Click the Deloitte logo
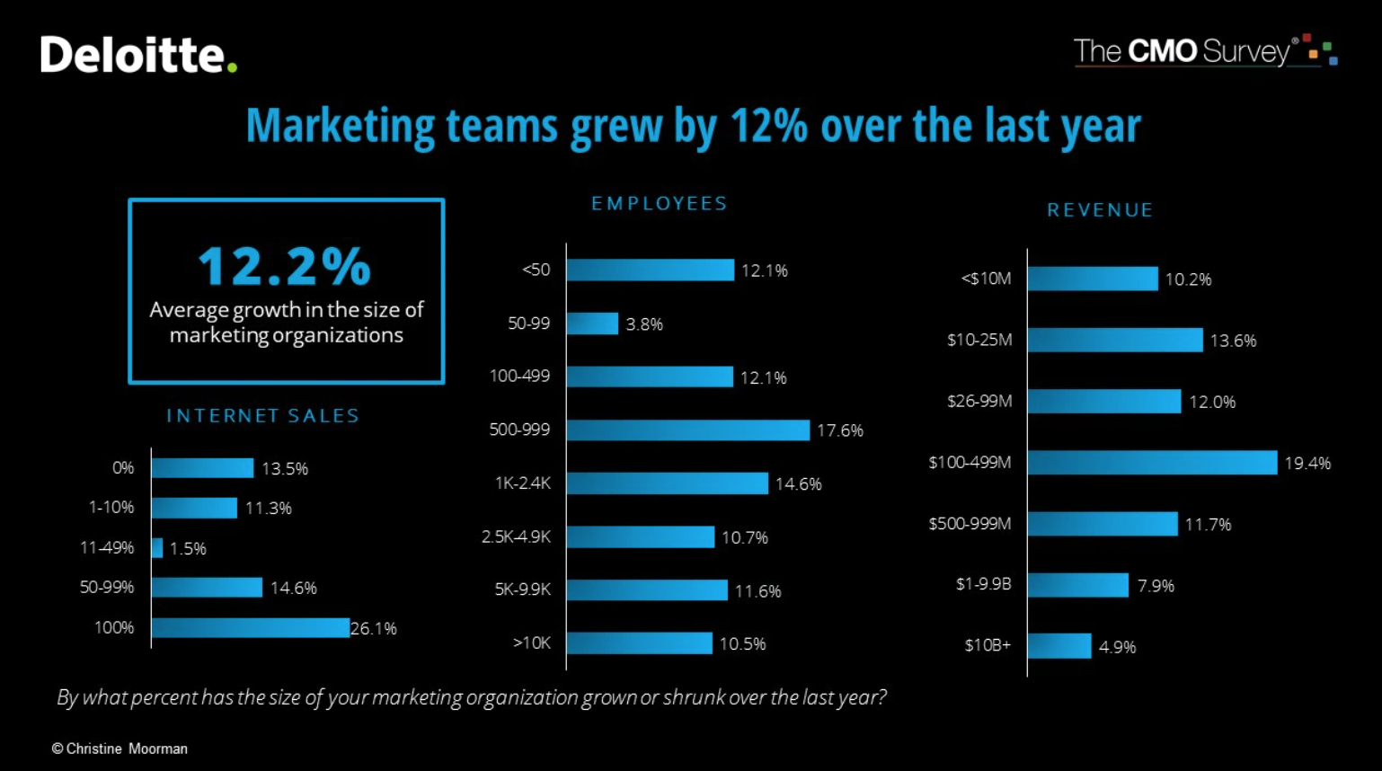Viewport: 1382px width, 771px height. pyautogui.click(x=137, y=55)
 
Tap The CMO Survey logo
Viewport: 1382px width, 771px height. pyautogui.click(x=1204, y=51)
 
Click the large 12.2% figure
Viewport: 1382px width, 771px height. pyautogui.click(x=285, y=266)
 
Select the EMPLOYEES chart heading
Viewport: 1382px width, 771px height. pyautogui.click(x=659, y=204)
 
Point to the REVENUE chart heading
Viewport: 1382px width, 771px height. pyautogui.click(x=1100, y=210)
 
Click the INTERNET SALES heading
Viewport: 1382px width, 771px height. pyautogui.click(x=262, y=416)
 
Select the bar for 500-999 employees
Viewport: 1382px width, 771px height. pyautogui.click(x=687, y=430)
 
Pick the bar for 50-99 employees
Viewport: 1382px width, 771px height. pyautogui.click(x=592, y=323)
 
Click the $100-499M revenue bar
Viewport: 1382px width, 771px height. pyautogui.click(x=1151, y=463)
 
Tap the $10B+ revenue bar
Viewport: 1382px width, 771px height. pyautogui.click(x=1059, y=646)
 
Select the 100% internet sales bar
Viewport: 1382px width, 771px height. pyautogui.click(x=250, y=628)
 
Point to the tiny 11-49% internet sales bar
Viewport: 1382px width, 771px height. pyautogui.click(x=157, y=548)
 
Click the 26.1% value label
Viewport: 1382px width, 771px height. pyautogui.click(x=374, y=629)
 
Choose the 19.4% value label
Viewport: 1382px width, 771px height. pyautogui.click(x=1307, y=464)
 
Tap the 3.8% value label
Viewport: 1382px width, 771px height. pyautogui.click(x=644, y=324)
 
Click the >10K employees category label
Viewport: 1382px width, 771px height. pyautogui.click(x=531, y=643)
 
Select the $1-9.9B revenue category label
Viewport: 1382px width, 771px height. pyautogui.click(x=983, y=585)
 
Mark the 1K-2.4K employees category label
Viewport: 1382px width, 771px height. pyautogui.click(x=522, y=483)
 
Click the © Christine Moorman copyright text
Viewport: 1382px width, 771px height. pyautogui.click(x=120, y=749)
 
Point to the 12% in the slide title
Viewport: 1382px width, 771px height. pyautogui.click(x=768, y=126)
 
